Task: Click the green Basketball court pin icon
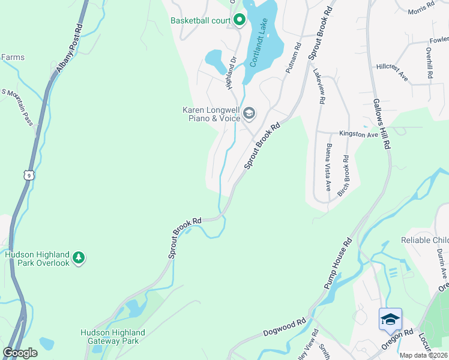coord(238,20)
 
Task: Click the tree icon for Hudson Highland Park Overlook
coord(78,258)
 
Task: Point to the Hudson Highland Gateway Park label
coord(113,337)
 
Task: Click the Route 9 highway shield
coord(28,175)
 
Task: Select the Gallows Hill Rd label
coord(382,124)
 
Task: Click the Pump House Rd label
coord(338,265)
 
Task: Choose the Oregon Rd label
coord(397,340)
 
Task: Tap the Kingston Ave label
coord(358,134)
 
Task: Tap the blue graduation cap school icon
coord(390,318)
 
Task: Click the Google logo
coord(20,353)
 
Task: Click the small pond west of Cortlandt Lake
coord(215,59)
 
